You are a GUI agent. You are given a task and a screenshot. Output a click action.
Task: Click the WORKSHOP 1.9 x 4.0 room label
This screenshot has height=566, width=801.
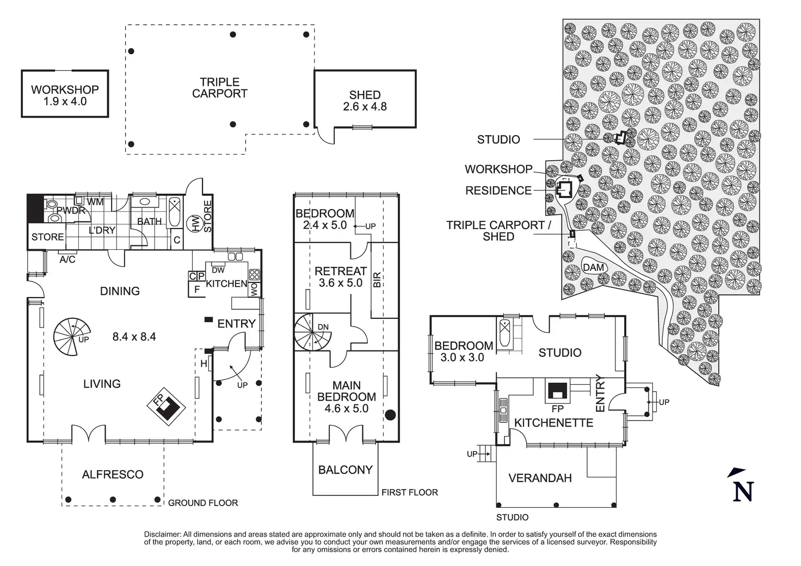pos(65,95)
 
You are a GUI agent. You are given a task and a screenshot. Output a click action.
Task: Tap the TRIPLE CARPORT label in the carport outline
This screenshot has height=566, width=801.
pos(220,88)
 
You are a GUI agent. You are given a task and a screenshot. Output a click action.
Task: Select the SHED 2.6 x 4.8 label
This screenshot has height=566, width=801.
pos(365,101)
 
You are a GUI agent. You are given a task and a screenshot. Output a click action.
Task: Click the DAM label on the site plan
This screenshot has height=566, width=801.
pos(593,267)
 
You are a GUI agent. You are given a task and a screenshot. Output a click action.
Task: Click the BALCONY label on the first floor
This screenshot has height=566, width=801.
pos(346,470)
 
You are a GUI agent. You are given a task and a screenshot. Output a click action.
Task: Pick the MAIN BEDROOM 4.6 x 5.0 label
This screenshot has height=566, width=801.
pos(347,397)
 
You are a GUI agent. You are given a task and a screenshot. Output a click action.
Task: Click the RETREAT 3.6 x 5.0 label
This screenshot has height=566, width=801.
pos(341,276)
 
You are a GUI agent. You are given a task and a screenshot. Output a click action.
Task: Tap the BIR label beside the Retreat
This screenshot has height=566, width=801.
pos(377,279)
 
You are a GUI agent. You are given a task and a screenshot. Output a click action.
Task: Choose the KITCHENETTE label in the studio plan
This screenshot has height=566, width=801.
pos(553,423)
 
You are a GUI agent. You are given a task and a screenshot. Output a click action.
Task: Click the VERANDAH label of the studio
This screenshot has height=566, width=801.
pos(540,478)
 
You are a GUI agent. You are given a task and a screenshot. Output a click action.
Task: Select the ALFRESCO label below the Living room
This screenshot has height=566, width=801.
pos(113,475)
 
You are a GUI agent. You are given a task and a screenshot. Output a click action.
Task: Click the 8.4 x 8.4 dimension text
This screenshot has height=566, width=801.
pos(134,337)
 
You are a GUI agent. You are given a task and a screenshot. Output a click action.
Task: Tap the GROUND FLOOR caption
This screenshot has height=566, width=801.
pos(203,503)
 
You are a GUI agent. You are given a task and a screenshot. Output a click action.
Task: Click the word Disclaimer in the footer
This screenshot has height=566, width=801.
pos(163,534)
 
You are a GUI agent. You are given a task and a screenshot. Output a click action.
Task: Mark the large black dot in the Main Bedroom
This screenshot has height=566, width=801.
pos(390,415)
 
